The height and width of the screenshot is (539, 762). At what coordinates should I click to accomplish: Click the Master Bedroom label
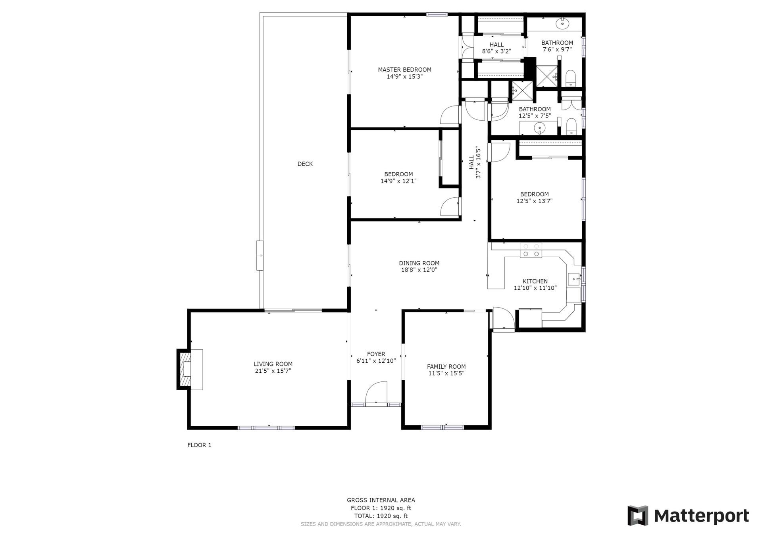[404, 70]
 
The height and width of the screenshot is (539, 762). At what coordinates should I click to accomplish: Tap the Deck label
[305, 164]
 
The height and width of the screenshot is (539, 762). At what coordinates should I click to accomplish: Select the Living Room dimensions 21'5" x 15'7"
[273, 371]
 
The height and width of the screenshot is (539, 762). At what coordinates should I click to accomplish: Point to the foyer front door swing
[375, 393]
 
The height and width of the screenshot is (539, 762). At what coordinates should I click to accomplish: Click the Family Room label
[446, 367]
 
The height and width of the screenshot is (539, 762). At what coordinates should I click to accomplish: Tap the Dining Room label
[419, 263]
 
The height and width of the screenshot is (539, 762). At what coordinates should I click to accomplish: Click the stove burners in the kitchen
[531, 250]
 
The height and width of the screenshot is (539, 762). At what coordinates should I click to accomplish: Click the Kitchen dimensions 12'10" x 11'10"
[535, 288]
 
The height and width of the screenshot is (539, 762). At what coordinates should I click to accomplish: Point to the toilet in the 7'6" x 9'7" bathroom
[570, 78]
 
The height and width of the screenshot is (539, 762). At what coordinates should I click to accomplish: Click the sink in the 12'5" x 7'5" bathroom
[539, 128]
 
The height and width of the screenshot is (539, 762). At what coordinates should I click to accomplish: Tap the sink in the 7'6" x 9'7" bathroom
[563, 23]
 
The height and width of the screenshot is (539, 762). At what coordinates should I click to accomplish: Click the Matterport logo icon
[638, 516]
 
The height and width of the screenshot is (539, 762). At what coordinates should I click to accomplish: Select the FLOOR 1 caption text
[199, 445]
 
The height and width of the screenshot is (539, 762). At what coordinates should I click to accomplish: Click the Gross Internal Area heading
[381, 500]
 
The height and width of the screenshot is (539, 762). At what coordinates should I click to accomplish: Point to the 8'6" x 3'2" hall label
[496, 48]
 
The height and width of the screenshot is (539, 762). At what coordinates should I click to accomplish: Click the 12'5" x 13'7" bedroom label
[535, 198]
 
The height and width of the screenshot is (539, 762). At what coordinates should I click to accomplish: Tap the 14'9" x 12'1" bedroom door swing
[450, 206]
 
